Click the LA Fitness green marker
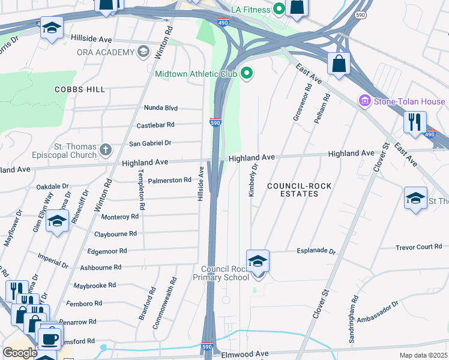click(279, 9)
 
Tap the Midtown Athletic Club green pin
click(246, 74)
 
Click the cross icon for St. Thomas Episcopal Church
click(106, 148)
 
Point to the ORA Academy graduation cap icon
click(143, 52)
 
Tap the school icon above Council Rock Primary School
click(258, 262)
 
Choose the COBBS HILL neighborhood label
click(80, 89)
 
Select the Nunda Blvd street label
click(160, 108)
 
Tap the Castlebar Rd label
click(155, 125)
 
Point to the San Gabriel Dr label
click(151, 143)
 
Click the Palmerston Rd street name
click(170, 179)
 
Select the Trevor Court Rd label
click(418, 247)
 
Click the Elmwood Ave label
click(246, 354)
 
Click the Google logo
click(20, 353)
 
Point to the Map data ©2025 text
click(423, 355)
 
